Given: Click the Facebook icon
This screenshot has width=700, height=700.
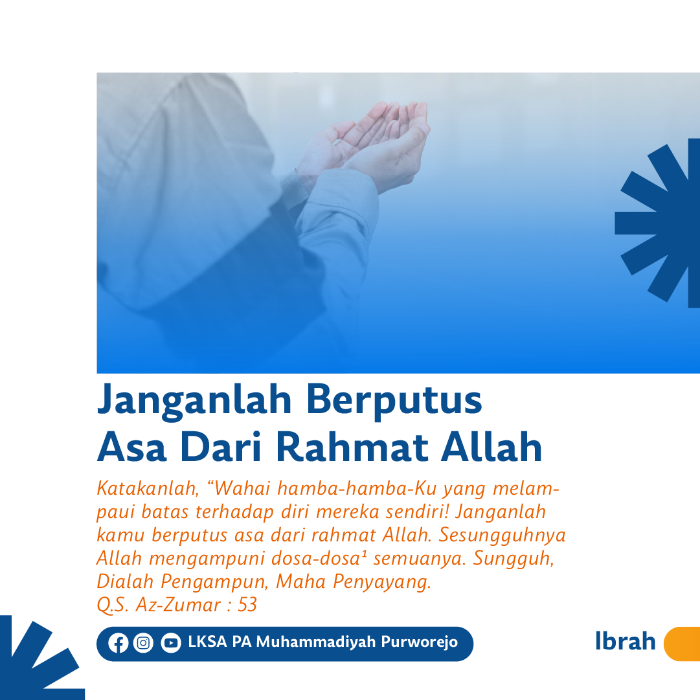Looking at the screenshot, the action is click(119, 643).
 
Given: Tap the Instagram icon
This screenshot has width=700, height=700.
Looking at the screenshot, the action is click(143, 643).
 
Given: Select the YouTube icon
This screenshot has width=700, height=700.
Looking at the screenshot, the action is click(171, 643).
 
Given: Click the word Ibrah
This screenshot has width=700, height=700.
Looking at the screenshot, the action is click(626, 641).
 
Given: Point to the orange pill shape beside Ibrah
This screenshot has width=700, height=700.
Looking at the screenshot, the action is click(682, 644).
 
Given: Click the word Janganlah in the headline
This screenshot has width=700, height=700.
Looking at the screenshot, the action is click(194, 401).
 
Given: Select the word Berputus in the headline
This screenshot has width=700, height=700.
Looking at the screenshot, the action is click(394, 401).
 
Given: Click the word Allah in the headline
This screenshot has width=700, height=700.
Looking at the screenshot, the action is click(491, 446).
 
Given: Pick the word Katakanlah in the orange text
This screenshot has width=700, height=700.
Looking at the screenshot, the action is click(148, 488).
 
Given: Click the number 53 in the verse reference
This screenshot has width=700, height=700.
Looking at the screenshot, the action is click(247, 605).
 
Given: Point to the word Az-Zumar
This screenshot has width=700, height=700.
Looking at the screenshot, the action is click(178, 605).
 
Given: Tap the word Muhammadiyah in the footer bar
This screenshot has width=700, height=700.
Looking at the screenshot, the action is click(317, 642).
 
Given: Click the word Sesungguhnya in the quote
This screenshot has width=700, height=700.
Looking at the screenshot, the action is click(502, 536).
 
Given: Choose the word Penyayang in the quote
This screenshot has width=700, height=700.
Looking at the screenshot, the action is click(382, 582).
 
